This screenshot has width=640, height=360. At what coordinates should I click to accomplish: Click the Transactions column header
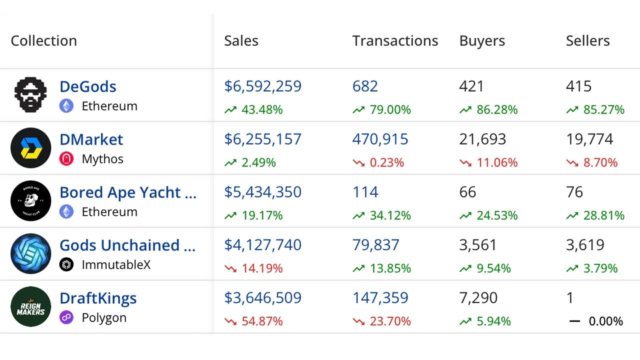[x=395, y=41]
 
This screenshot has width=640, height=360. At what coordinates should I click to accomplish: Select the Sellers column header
[x=587, y=41]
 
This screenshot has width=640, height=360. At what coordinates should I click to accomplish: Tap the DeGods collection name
[x=88, y=86]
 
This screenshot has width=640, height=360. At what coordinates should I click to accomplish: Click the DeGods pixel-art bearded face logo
[x=30, y=94]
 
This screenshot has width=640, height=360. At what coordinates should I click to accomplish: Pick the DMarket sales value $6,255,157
[x=263, y=139]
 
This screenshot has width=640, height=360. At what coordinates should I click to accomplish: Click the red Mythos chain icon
[x=66, y=159]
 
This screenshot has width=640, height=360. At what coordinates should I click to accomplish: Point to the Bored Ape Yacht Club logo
[x=31, y=200]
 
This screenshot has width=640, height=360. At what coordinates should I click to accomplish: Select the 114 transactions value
[x=365, y=192]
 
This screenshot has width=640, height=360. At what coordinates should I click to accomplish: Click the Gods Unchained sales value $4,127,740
[x=263, y=245]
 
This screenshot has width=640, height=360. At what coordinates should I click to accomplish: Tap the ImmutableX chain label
[x=116, y=265]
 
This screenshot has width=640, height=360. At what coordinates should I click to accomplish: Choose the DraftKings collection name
[x=98, y=298]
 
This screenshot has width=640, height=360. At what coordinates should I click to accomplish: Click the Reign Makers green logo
[x=31, y=306]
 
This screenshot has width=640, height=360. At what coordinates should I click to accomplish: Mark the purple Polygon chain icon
[x=66, y=317]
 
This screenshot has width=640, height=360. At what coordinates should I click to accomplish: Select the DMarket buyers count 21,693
[x=482, y=139]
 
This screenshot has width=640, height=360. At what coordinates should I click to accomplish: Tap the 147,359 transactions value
[x=380, y=298]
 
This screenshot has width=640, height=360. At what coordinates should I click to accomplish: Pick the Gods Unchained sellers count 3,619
[x=585, y=245]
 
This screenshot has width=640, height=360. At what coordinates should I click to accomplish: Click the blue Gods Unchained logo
[x=31, y=253]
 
